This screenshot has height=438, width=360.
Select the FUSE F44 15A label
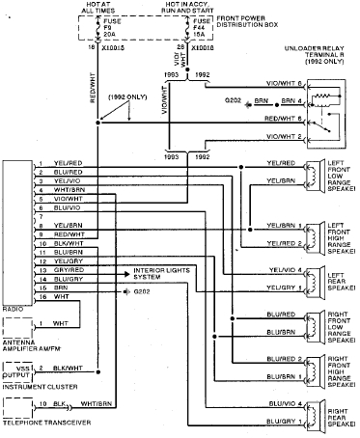click(x=201, y=28)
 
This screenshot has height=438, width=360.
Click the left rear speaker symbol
click(x=311, y=280)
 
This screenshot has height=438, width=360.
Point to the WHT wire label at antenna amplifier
click(x=60, y=322)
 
